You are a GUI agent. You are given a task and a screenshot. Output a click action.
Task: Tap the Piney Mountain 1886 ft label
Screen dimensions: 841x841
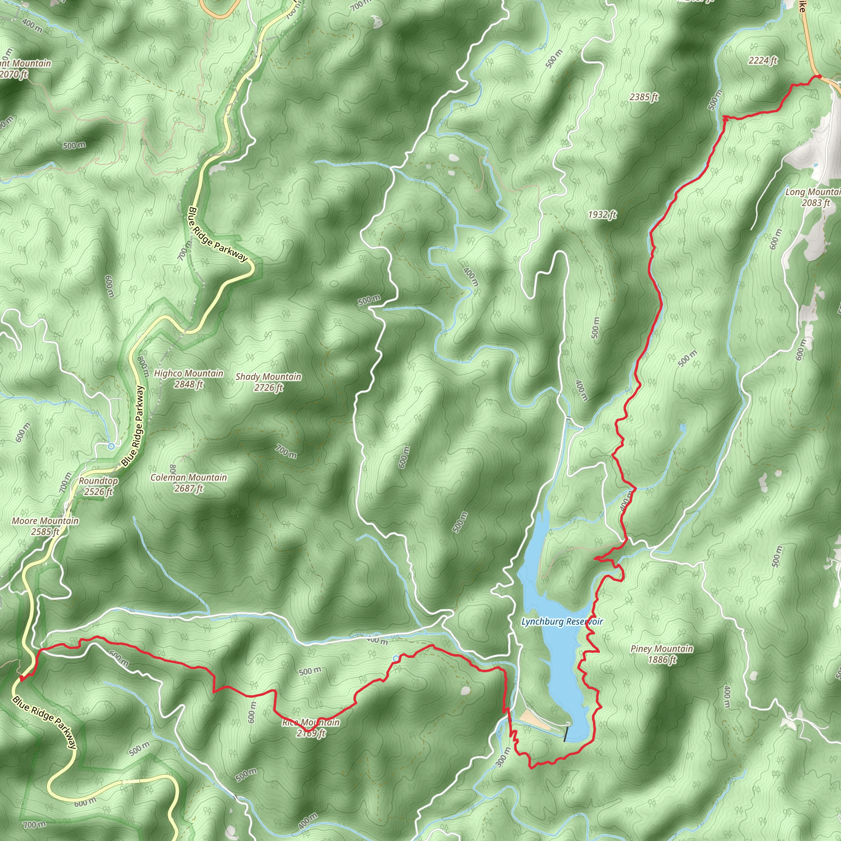tap(662, 654)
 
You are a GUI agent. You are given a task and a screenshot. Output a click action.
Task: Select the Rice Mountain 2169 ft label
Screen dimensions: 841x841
tap(311, 728)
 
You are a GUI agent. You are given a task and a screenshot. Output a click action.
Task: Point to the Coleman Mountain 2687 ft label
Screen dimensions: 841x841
tap(188, 483)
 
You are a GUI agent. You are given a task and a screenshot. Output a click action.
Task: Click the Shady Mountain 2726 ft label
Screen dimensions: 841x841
tap(268, 382)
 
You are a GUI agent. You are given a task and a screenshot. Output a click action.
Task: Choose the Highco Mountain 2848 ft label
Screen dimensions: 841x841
tap(188, 379)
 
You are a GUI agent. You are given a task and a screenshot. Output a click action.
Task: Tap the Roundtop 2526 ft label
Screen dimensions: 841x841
tap(99, 486)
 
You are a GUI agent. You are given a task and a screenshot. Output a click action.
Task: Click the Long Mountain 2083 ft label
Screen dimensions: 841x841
tap(812, 197)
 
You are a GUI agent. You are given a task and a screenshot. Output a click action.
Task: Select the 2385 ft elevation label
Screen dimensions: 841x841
tap(644, 97)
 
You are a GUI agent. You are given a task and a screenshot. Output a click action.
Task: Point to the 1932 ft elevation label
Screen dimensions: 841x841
tap(602, 215)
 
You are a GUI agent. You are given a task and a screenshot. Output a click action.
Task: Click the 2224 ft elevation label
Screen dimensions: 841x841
tap(763, 60)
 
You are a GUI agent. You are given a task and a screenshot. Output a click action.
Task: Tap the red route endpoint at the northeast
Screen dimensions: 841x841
tap(819, 77)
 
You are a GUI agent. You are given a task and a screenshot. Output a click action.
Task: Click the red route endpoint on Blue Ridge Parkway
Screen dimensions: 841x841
tap(22, 678)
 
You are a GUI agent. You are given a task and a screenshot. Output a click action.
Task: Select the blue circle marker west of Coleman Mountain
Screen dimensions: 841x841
tap(111, 446)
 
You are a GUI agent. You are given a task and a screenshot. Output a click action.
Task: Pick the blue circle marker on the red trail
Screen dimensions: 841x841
tap(395, 659)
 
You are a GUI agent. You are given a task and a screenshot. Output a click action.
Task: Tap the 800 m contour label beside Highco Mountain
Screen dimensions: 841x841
tap(143, 367)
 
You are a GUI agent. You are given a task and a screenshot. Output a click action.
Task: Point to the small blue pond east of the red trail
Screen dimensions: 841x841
tap(682, 428)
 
